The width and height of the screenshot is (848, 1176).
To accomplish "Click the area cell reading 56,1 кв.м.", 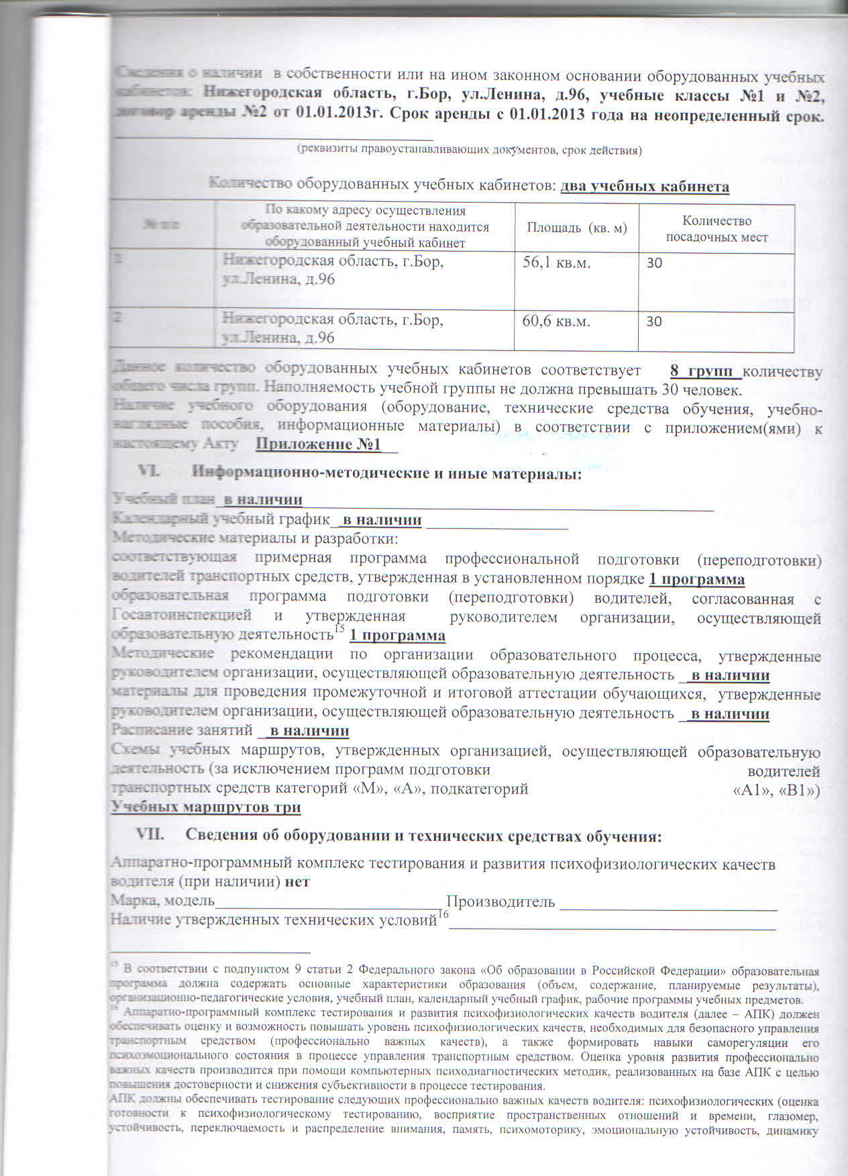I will pos(556,263).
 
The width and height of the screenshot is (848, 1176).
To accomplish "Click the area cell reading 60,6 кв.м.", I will pos(556,322).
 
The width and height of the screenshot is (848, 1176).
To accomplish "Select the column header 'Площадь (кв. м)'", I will pos(576,228).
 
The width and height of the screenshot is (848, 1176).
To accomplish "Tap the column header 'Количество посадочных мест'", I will pos(717,229).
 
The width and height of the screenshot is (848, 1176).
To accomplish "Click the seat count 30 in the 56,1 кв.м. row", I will pos(654,263).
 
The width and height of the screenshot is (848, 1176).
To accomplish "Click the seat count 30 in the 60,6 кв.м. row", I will pos(654,322).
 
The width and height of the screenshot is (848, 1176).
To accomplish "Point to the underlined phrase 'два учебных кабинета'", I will pos(645,187).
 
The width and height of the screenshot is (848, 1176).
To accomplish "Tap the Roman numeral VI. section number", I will pos(148,473).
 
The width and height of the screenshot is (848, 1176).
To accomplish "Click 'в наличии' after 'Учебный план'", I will pos(262,500).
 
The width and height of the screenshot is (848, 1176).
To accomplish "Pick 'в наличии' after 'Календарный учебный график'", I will pos(381,520).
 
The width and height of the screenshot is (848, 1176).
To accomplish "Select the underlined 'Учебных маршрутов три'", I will pos(206,807).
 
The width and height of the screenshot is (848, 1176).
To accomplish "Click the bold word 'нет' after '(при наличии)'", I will pos(297,882).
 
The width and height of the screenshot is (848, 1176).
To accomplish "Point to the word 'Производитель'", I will pos(500,901).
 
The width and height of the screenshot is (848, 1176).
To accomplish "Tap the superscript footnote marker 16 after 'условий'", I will pos(443,914).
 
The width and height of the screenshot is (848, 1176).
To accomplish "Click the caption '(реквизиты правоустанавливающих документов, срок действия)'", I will pos(470,150).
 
